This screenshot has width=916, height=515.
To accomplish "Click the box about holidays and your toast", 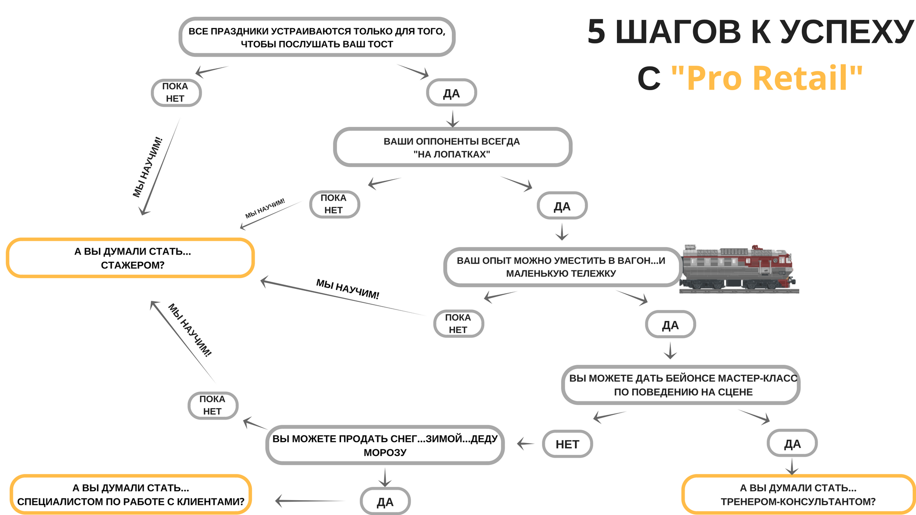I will [317, 37].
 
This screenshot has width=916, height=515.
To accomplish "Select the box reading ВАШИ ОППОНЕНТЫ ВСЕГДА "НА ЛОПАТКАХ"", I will [452, 147].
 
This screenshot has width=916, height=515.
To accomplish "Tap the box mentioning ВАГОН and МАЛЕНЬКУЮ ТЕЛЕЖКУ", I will [562, 267].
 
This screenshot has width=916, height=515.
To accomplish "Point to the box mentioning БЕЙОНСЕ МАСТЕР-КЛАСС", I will [681, 385].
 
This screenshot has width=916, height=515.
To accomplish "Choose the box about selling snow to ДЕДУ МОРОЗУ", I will [385, 445].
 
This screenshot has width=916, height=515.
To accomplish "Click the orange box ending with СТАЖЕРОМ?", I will [130, 258].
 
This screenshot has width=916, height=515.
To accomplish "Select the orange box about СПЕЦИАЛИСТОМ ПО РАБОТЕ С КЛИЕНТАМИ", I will [130, 494].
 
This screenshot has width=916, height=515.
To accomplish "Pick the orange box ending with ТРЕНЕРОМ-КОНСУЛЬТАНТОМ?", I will [798, 494].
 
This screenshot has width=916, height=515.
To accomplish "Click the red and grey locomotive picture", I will [739, 268].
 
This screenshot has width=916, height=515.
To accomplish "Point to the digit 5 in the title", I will [596, 32].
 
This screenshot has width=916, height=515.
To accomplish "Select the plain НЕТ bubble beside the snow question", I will [567, 444].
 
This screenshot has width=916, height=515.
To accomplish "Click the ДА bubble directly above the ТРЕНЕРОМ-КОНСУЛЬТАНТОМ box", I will [792, 443].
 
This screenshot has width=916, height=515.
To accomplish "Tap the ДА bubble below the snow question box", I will [385, 502].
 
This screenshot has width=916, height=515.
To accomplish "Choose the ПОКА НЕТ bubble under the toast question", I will [176, 93].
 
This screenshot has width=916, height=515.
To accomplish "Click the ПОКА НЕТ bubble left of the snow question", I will [212, 405].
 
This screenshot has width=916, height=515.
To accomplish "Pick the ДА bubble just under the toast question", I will [451, 93].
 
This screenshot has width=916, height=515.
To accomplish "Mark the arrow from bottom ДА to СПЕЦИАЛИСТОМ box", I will [310, 501].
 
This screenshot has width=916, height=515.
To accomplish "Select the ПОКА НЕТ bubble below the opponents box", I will [334, 204].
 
